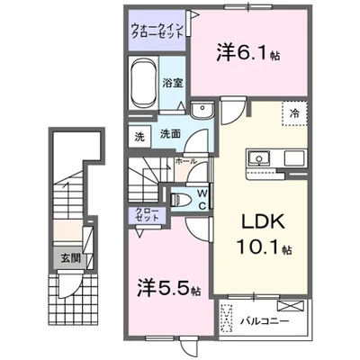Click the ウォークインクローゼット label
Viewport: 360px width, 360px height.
point(155,31)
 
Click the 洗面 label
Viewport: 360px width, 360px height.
point(170,134)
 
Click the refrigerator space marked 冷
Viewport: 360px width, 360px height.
point(293,112)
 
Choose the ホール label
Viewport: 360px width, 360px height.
point(186,160)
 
